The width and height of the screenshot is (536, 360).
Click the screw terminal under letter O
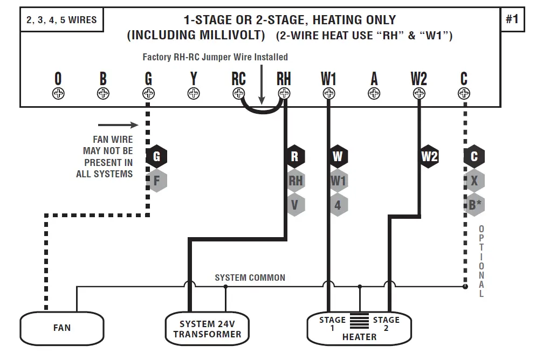click(x=58, y=93)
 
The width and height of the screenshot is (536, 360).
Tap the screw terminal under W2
click(x=418, y=93)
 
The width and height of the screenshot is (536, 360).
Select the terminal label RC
click(x=238, y=79)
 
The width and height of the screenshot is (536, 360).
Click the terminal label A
click(x=374, y=79)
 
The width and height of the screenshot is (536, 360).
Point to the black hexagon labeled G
click(x=156, y=157)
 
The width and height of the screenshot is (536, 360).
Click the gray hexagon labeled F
click(x=156, y=181)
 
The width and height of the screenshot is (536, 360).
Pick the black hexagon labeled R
click(x=294, y=157)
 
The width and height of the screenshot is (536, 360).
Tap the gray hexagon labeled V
click(x=294, y=205)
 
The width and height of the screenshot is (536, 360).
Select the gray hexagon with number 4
click(x=338, y=205)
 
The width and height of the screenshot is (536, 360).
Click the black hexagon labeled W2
click(x=429, y=157)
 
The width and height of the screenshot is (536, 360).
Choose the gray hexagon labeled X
click(x=474, y=181)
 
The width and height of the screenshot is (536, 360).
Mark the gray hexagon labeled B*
click(x=475, y=205)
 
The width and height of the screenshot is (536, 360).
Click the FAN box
click(x=62, y=327)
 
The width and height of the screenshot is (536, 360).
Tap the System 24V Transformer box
click(x=207, y=328)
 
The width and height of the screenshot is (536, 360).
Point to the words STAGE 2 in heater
click(x=386, y=323)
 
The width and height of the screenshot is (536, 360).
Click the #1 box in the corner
click(x=512, y=20)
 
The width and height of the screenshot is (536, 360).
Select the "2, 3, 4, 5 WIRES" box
click(x=62, y=20)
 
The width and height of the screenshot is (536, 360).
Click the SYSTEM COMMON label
click(x=250, y=278)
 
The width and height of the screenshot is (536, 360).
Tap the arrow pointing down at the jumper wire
click(x=262, y=86)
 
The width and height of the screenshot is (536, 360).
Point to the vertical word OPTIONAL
click(x=481, y=261)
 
